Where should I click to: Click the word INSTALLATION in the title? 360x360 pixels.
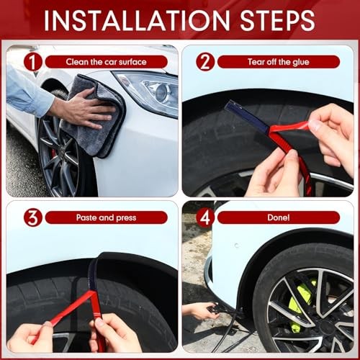click(137, 20)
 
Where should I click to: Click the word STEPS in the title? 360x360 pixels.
click(277, 20)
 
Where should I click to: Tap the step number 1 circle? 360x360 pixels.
click(33, 62)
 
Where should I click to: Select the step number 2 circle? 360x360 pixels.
click(205, 62)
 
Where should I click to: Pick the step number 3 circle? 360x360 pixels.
click(33, 217)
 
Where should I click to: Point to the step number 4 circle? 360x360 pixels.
click(205, 217)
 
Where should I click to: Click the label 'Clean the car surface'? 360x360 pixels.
click(106, 62)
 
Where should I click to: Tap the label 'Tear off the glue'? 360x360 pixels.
click(279, 62)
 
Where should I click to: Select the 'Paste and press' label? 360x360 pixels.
click(106, 217)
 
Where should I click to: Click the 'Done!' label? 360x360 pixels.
click(279, 217)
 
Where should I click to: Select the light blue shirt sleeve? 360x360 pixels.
click(27, 91)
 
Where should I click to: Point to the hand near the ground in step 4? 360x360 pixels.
click(199, 311)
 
